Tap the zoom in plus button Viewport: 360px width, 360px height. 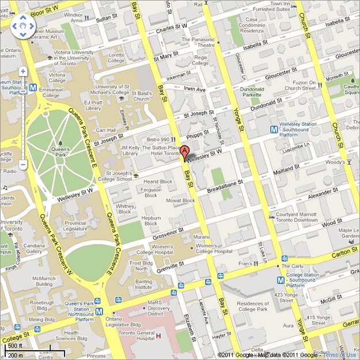coord(22,72)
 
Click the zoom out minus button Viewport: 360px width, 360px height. coord(22,165)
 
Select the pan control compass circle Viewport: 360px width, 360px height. coord(22,26)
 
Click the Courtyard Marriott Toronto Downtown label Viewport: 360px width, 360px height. coord(296,217)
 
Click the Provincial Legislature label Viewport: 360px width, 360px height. coord(75,226)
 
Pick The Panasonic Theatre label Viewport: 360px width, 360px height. coord(198,42)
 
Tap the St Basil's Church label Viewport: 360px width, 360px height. coord(141,96)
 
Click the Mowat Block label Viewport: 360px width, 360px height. coord(180,200)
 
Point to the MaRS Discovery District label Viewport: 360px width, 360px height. coord(159,311)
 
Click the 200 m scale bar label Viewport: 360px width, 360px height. coord(16,355)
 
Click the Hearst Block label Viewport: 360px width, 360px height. coord(157,181)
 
